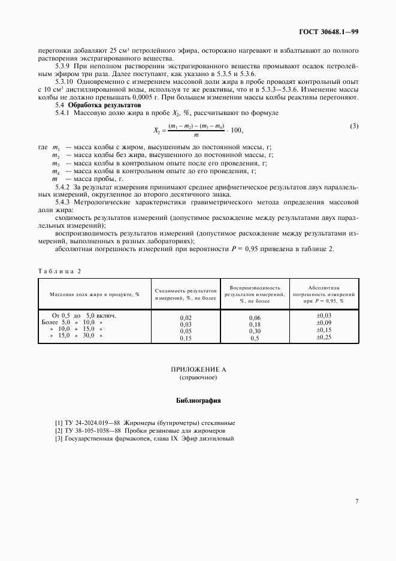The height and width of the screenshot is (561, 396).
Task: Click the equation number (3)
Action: point(354,125)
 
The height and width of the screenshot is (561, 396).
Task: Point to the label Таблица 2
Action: point(59,270)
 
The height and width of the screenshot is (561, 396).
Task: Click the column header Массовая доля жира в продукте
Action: point(94,294)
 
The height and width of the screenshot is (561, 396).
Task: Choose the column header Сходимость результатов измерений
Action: point(185,294)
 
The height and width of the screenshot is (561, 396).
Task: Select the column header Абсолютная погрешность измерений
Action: point(324,294)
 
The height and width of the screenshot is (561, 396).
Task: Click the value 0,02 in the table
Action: point(186,317)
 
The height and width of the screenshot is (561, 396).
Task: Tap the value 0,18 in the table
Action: point(255,324)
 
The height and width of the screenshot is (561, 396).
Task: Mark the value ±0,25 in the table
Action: point(324,337)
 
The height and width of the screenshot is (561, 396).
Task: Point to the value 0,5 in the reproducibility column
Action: point(255,338)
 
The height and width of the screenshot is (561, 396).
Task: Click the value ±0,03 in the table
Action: point(324,315)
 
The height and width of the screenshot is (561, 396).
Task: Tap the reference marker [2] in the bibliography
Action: point(59,430)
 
